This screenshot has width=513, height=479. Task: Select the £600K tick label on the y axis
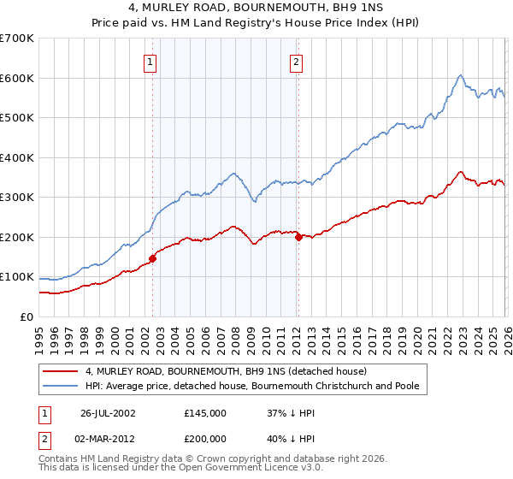(x=17, y=78)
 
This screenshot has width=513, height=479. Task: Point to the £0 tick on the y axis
(x=27, y=316)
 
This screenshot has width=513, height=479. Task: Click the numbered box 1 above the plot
(x=150, y=61)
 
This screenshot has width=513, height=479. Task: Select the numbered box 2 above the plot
(x=296, y=61)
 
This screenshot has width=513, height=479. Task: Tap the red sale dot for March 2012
(x=298, y=238)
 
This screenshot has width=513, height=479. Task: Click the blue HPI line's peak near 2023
(x=460, y=75)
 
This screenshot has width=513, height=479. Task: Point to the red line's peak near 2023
(x=460, y=172)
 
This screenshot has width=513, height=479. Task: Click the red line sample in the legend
(x=62, y=372)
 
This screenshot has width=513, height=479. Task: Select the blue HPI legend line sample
(x=62, y=387)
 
